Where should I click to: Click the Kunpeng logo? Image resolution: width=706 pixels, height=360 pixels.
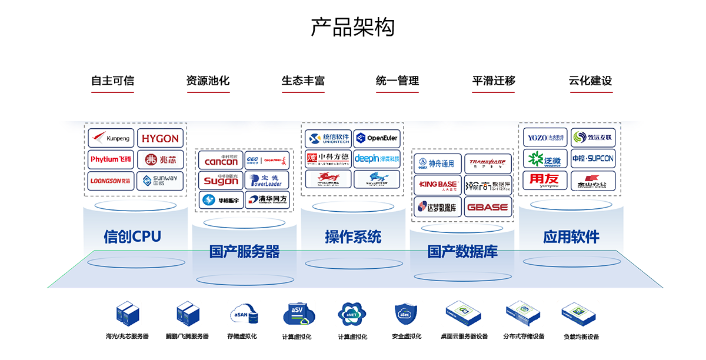tap(111, 139)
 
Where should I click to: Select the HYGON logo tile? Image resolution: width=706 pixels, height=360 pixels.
tap(160, 139)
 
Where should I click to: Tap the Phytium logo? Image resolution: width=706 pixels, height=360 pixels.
tap(111, 159)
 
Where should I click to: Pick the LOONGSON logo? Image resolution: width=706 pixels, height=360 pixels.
tap(111, 181)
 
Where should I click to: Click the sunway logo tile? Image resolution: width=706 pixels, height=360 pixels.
tap(160, 181)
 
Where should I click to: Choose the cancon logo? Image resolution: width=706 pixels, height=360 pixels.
tap(221, 161)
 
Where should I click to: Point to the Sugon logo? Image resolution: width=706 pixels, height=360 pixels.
tap(221, 181)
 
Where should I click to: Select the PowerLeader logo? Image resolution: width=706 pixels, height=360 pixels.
tap(267, 181)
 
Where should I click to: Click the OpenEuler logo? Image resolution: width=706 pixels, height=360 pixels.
tap(377, 138)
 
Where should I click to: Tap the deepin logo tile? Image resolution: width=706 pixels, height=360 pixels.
tap(377, 159)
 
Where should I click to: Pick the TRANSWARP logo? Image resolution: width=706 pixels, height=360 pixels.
tap(488, 163)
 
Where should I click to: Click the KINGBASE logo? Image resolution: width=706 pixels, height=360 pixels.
tap(437, 185)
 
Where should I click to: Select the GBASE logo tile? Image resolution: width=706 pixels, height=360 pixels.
tap(488, 207)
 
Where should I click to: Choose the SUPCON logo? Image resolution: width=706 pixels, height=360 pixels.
tap(593, 159)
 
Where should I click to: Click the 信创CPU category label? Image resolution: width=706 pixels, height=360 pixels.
tap(132, 236)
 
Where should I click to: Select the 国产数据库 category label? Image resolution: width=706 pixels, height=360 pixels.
tap(462, 253)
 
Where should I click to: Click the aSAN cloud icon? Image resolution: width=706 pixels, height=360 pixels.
tap(244, 315)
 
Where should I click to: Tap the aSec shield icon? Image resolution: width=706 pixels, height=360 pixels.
tap(405, 315)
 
